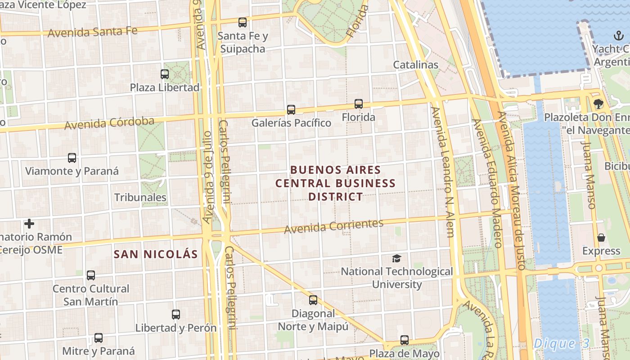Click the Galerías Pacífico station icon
(x=291, y=109)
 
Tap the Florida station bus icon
(x=358, y=103)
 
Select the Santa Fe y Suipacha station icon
(x=243, y=22)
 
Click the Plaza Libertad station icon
(x=165, y=74)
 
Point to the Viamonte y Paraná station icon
(x=72, y=158)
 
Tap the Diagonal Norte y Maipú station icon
(x=313, y=300)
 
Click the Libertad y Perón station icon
(x=176, y=315)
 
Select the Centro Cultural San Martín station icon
(x=91, y=275)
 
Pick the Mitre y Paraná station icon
(x=99, y=337)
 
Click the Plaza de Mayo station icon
(x=405, y=340)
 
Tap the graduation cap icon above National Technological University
(x=396, y=258)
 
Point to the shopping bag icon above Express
(x=601, y=238)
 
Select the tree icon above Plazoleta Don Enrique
(x=598, y=104)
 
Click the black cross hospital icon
(x=29, y=223)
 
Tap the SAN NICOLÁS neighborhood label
(x=156, y=254)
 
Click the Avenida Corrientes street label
(x=333, y=226)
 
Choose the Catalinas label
(x=415, y=65)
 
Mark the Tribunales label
(x=140, y=198)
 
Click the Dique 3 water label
(x=561, y=344)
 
